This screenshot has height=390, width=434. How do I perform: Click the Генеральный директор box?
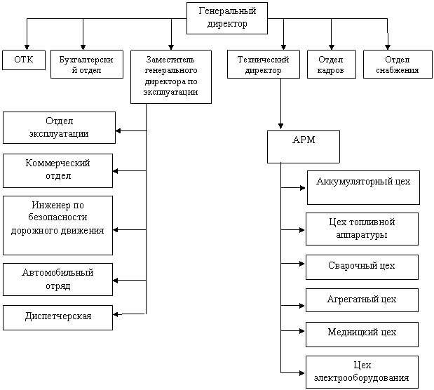(x=227, y=18)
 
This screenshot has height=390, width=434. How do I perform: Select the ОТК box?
(x=24, y=60)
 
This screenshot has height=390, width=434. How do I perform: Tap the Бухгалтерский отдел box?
(x=87, y=64)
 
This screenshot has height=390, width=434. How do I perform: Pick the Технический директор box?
(x=264, y=64)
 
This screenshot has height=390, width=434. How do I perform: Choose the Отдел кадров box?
(x=332, y=64)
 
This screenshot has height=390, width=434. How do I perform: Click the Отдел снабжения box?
(x=398, y=64)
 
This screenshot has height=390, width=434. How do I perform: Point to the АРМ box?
(x=304, y=147)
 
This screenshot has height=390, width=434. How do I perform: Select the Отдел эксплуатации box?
(x=59, y=128)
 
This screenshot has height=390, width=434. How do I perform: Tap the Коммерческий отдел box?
(x=58, y=170)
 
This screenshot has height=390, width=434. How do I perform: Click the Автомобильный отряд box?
(x=58, y=279)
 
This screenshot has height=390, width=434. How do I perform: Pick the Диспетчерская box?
(x=58, y=318)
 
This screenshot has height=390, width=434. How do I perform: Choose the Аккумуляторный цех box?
(x=363, y=187)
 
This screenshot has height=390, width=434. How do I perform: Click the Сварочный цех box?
(x=362, y=267)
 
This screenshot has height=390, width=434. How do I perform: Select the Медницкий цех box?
(x=362, y=335)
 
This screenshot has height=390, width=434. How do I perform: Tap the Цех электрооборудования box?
(x=362, y=372)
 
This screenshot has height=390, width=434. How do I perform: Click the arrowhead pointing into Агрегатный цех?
(x=302, y=306)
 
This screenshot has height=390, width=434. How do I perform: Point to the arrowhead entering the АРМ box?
(x=280, y=126)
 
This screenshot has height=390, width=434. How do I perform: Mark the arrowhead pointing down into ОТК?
(x=27, y=47)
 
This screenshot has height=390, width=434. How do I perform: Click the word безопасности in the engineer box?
(x=57, y=217)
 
